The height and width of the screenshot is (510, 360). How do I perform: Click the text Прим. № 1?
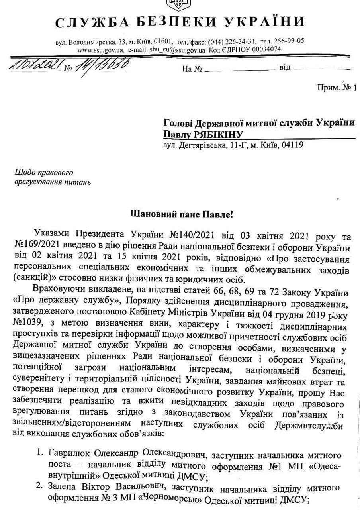pos(337,87)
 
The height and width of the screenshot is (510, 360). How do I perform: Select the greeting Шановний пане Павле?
pos(180,214)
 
